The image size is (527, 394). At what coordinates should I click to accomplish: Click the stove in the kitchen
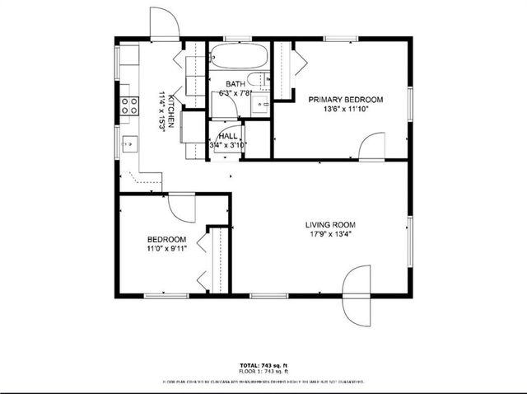pyautogui.click(x=129, y=105)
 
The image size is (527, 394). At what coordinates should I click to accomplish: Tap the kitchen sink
pyautogui.click(x=129, y=143)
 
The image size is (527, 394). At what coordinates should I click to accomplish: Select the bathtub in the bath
pyautogui.click(x=239, y=57)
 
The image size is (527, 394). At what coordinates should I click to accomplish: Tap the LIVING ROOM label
pyautogui.click(x=330, y=224)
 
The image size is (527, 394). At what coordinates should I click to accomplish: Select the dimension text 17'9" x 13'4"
pyautogui.click(x=330, y=235)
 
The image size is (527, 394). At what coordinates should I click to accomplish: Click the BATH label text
pyautogui.click(x=236, y=83)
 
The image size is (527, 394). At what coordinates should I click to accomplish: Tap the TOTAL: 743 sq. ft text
pyautogui.click(x=263, y=365)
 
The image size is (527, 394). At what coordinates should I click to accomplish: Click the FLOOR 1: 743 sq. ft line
pyautogui.click(x=263, y=373)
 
